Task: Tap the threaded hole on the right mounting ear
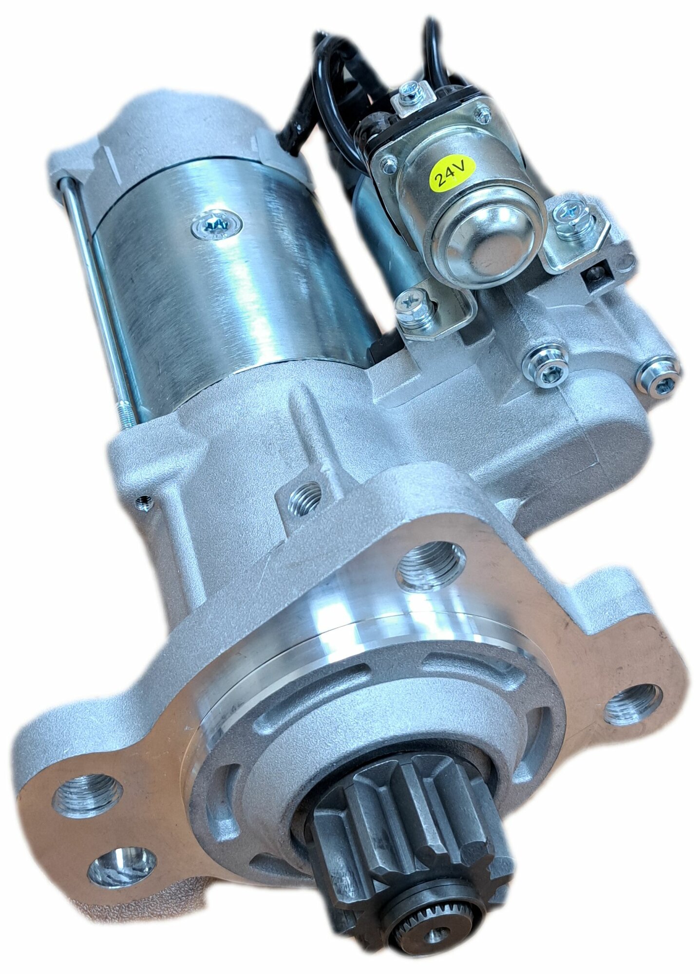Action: click(632, 704)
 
